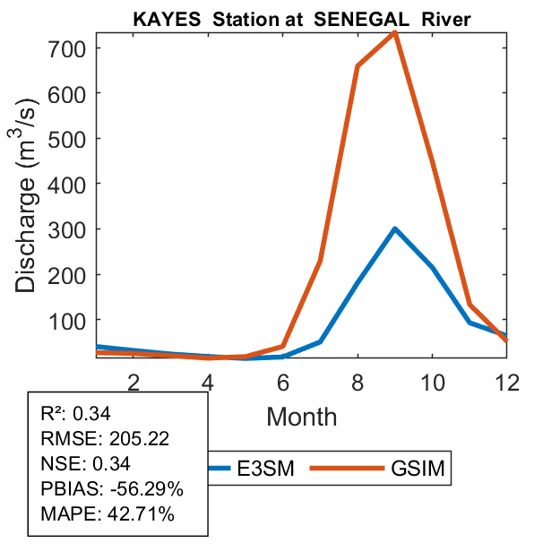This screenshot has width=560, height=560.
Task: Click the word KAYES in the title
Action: point(163,17)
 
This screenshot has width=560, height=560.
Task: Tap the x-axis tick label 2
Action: point(134,383)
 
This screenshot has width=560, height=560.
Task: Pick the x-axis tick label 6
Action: point(283,383)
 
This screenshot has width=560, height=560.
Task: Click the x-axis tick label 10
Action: point(432,383)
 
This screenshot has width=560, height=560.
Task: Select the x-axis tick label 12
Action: point(506,383)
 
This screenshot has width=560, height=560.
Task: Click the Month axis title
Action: point(302,416)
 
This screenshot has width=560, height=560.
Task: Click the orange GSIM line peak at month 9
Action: point(394,33)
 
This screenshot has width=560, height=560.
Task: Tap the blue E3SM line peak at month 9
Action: point(394,228)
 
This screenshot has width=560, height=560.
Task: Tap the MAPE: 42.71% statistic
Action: point(108,514)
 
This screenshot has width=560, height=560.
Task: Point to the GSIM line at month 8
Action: point(358,66)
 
